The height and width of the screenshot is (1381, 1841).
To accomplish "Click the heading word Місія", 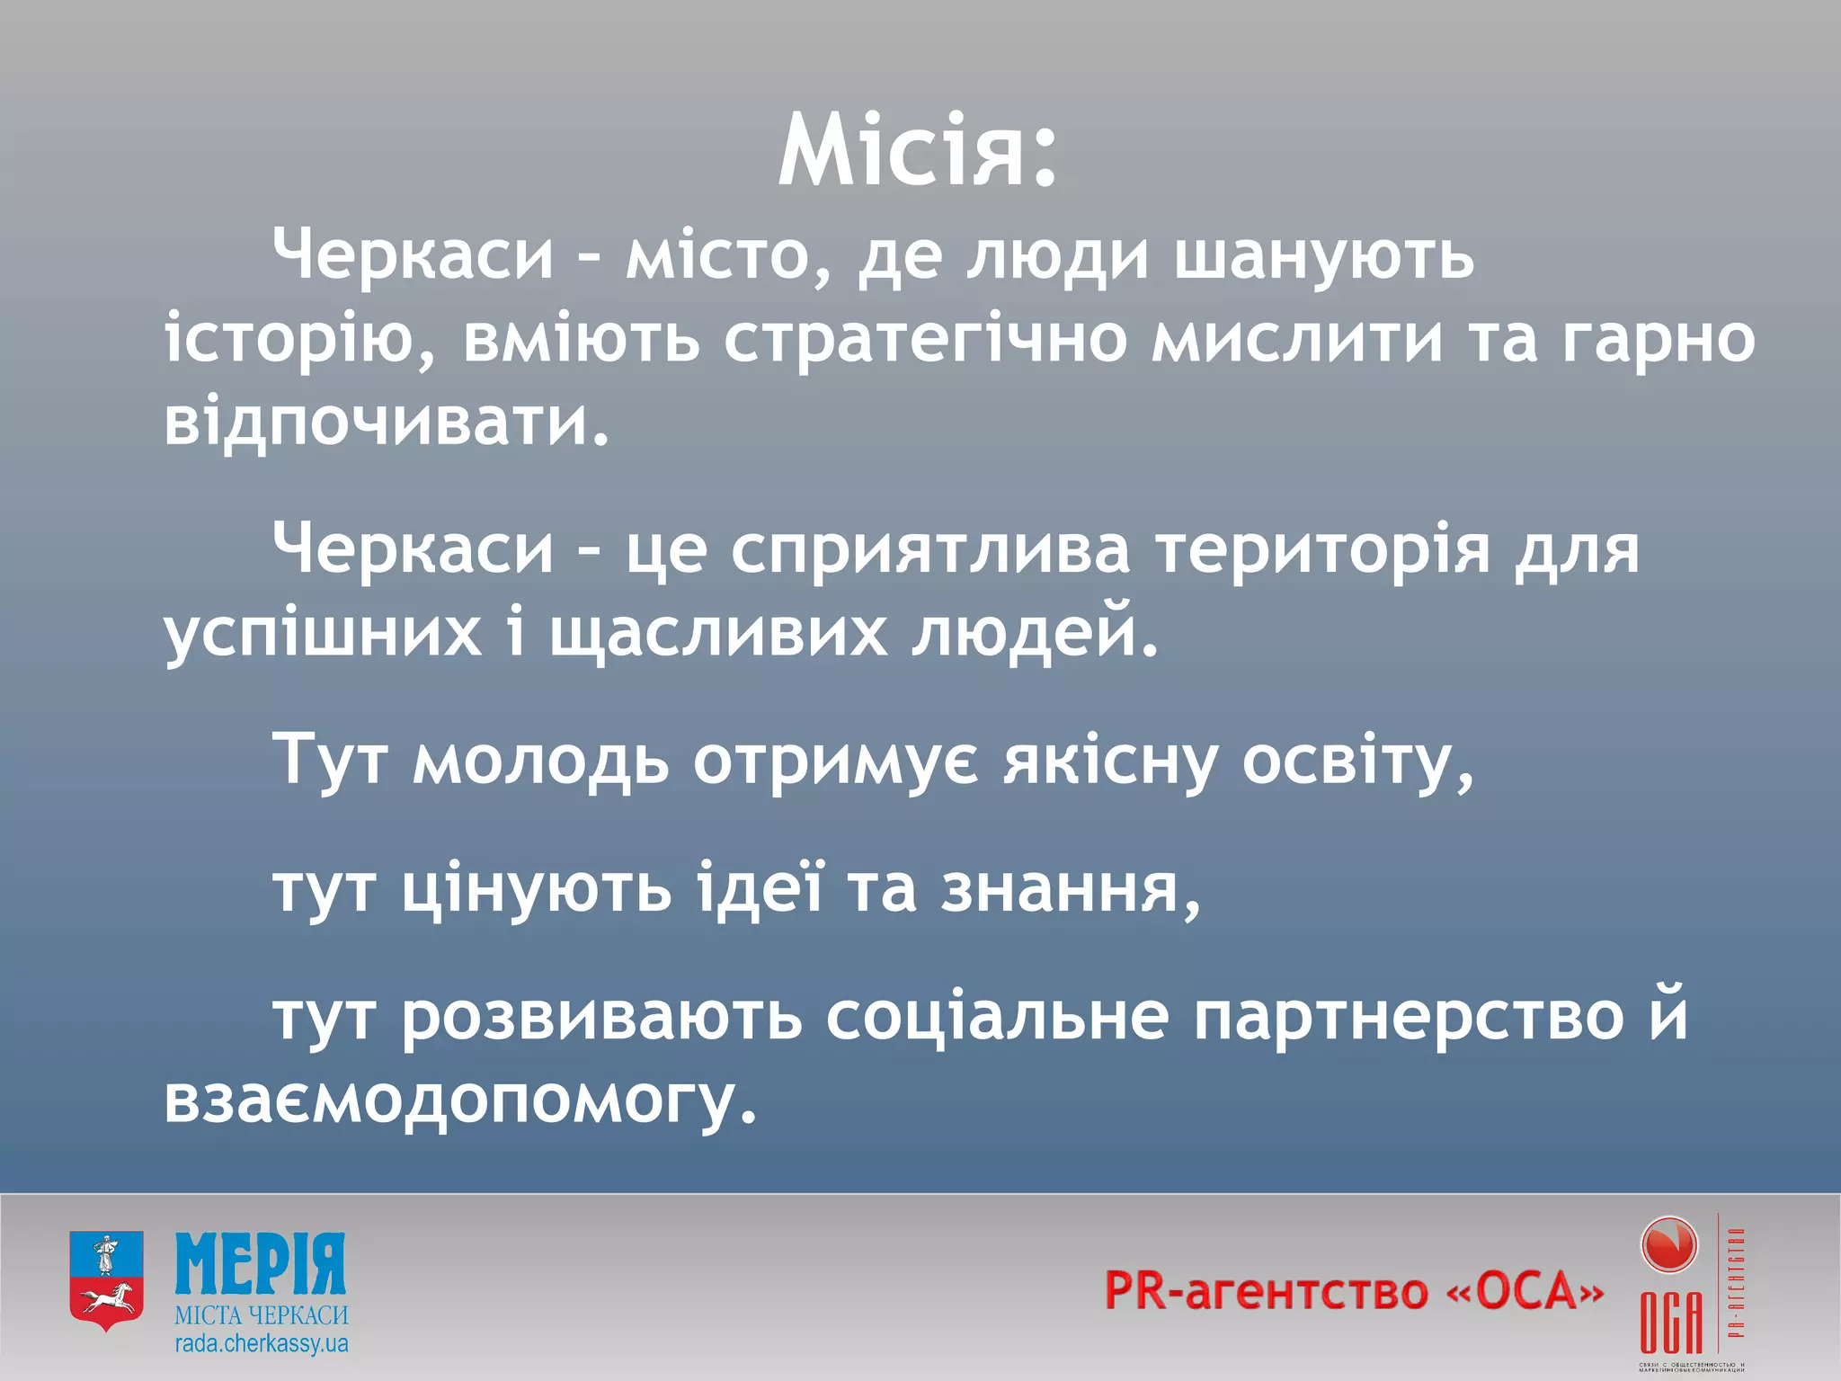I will (917, 151).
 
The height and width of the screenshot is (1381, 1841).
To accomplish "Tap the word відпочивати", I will (387, 423).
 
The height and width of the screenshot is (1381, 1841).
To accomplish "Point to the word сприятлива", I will (929, 550).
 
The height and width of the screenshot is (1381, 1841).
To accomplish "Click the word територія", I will (1322, 548).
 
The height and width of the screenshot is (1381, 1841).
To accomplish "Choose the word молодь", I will (540, 761).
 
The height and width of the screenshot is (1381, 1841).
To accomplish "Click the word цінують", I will (536, 888).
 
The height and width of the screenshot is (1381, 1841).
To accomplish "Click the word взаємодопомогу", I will (458, 1101).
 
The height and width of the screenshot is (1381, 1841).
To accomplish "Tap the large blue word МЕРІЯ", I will (261, 1263).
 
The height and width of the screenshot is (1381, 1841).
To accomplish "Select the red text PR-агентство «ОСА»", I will (1353, 1291).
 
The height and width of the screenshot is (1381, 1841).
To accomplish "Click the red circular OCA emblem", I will (1668, 1245).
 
